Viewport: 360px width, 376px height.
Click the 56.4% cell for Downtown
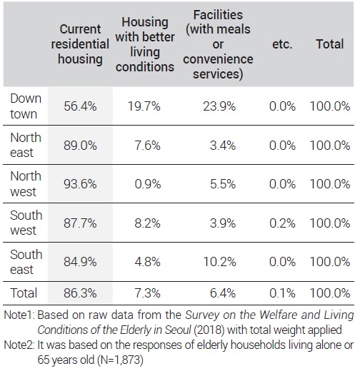pyautogui.click(x=80, y=106)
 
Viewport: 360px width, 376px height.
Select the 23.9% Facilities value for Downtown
pyautogui.click(x=219, y=106)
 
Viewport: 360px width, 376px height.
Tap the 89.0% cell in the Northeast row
pyautogui.click(x=80, y=146)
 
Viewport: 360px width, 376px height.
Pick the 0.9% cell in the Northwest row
pyautogui.click(x=148, y=184)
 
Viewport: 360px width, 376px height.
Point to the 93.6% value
pyautogui.click(x=80, y=184)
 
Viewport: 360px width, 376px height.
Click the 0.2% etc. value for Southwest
pyautogui.click(x=282, y=223)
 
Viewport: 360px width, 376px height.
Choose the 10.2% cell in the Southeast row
pyautogui.click(x=219, y=262)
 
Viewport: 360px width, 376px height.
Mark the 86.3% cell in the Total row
pyautogui.click(x=80, y=293)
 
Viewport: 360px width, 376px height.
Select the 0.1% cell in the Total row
pyautogui.click(x=282, y=293)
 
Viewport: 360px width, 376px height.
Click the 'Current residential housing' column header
pyautogui.click(x=80, y=44)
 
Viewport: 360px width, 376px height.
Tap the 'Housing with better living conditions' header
pyautogui.click(x=145, y=44)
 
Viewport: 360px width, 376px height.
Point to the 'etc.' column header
pyautogui.click(x=282, y=44)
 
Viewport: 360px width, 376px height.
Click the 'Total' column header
pyautogui.click(x=330, y=44)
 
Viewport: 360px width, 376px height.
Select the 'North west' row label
pyautogui.click(x=26, y=184)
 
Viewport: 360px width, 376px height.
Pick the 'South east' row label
pyautogui.click(x=26, y=262)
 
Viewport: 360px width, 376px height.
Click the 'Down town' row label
pyautogui.click(x=26, y=106)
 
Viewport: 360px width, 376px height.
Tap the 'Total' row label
pyautogui.click(x=24, y=293)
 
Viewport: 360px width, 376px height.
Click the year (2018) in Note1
pyautogui.click(x=209, y=330)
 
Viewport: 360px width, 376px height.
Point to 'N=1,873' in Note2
pyautogui.click(x=120, y=360)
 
